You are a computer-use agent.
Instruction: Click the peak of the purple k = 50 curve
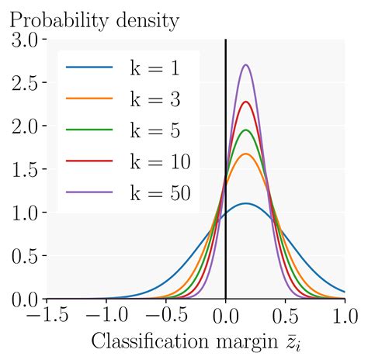tap(246, 65)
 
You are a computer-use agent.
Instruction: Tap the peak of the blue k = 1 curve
tap(246, 203)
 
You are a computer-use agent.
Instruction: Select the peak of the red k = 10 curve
tap(246, 102)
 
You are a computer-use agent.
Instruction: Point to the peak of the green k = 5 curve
tap(246, 130)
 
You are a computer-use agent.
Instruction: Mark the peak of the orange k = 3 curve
tap(246, 154)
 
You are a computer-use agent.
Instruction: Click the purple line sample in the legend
tap(89, 192)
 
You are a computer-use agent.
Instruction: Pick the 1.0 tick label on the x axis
tap(344, 317)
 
